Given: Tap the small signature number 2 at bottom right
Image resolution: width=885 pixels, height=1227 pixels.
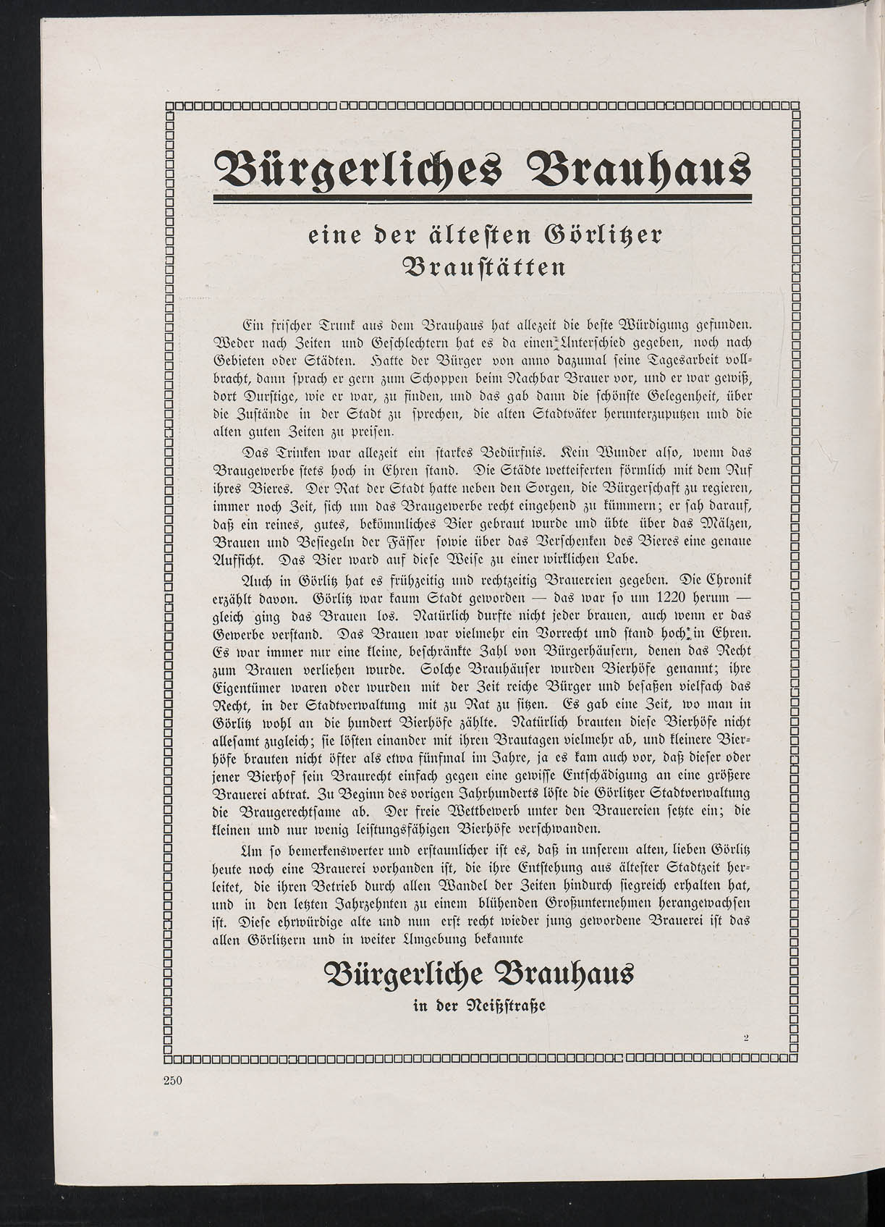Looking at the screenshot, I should (x=745, y=1037).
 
